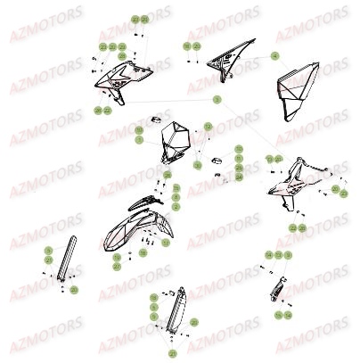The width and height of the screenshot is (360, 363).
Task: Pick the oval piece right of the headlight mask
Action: pos(215,154)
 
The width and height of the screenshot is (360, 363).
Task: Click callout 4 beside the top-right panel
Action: pos(275,57)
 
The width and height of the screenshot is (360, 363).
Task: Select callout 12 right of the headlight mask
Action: pos(206,128)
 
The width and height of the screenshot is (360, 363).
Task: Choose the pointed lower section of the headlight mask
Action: pos(176,161)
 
